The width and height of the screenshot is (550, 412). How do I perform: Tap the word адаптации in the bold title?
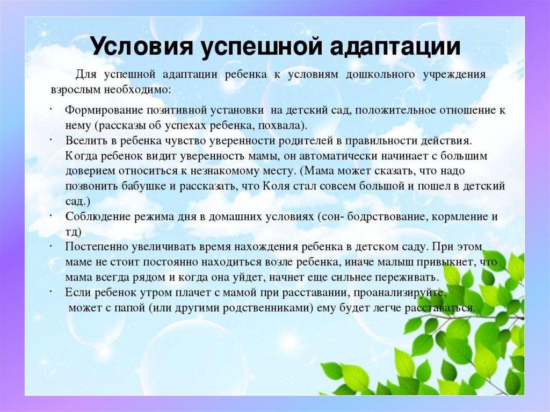[395, 47]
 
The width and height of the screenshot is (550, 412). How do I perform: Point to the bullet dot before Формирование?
[51, 109]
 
